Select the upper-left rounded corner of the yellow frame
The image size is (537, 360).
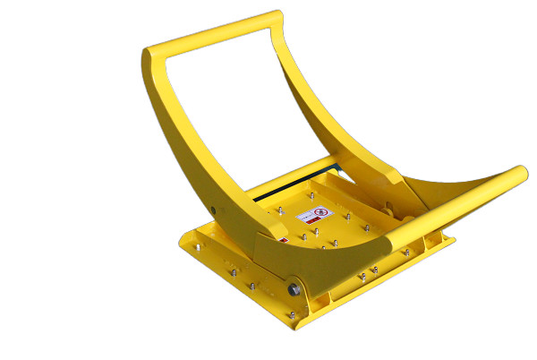[150, 56]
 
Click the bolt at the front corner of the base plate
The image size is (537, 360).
[291, 314]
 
